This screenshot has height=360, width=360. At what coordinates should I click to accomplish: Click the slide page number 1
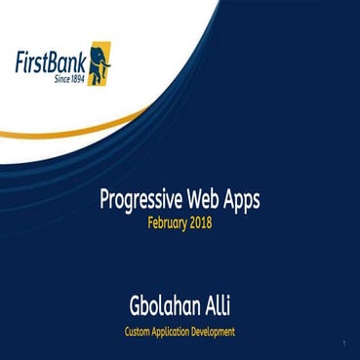click(x=346, y=345)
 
